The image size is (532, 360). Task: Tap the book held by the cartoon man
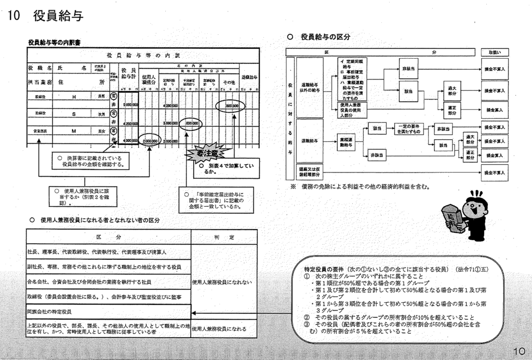[450, 219]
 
